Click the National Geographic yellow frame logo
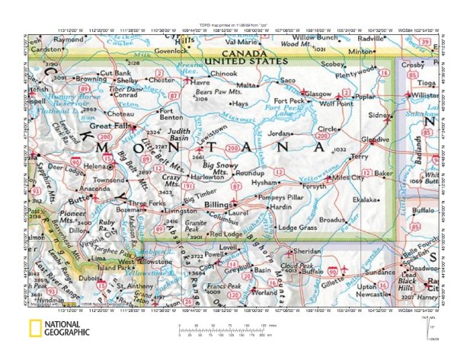35,329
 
